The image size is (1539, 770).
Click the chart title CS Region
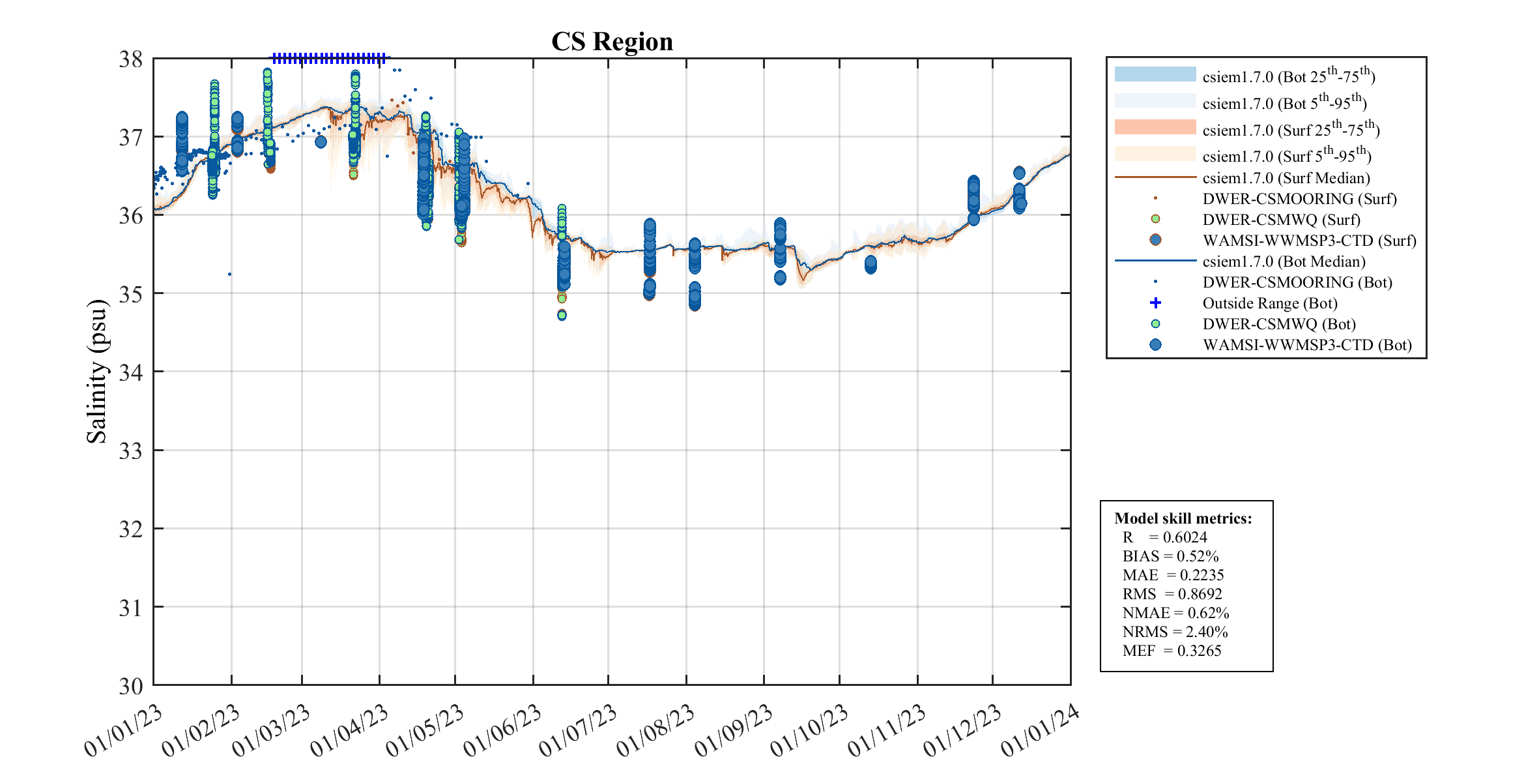(x=612, y=42)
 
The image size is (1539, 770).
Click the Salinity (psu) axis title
(x=96, y=371)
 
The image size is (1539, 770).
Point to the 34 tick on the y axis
(x=130, y=372)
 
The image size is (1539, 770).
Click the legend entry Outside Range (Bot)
(x=1269, y=303)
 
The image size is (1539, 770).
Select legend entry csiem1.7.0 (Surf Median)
(x=1286, y=178)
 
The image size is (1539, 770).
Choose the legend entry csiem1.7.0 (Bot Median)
(x=1284, y=261)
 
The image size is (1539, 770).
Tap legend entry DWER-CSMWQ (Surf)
(x=1281, y=220)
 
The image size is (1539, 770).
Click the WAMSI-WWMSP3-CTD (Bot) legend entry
(x=1306, y=345)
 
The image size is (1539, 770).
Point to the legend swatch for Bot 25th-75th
(x=1155, y=74)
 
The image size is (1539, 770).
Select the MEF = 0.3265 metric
(x=1172, y=651)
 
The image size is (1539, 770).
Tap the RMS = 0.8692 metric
(x=1172, y=594)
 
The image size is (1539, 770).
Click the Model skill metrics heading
(x=1183, y=518)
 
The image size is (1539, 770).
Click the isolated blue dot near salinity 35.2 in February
(x=229, y=274)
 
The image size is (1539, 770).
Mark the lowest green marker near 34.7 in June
(x=562, y=315)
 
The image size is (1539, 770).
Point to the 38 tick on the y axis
(x=130, y=60)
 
